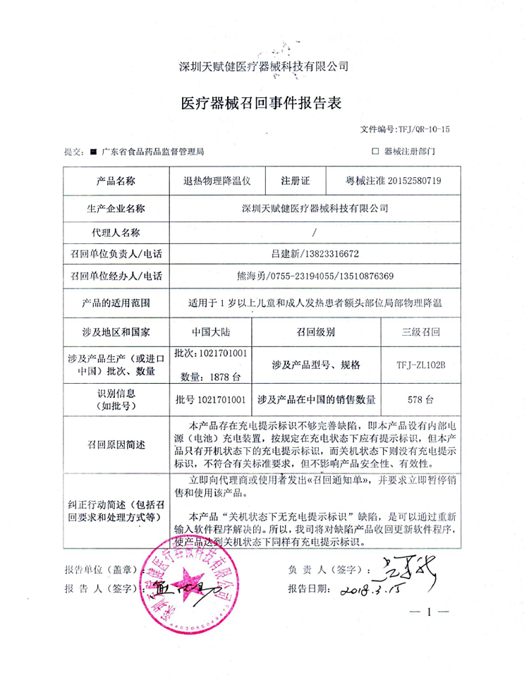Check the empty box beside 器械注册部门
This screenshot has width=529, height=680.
pos(375,151)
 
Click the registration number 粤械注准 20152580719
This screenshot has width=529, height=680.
pos(389,181)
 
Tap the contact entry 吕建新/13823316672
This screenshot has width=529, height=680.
pos(313,253)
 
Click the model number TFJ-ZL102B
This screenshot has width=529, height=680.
pos(421,365)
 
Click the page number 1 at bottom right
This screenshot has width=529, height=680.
pos(428,613)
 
